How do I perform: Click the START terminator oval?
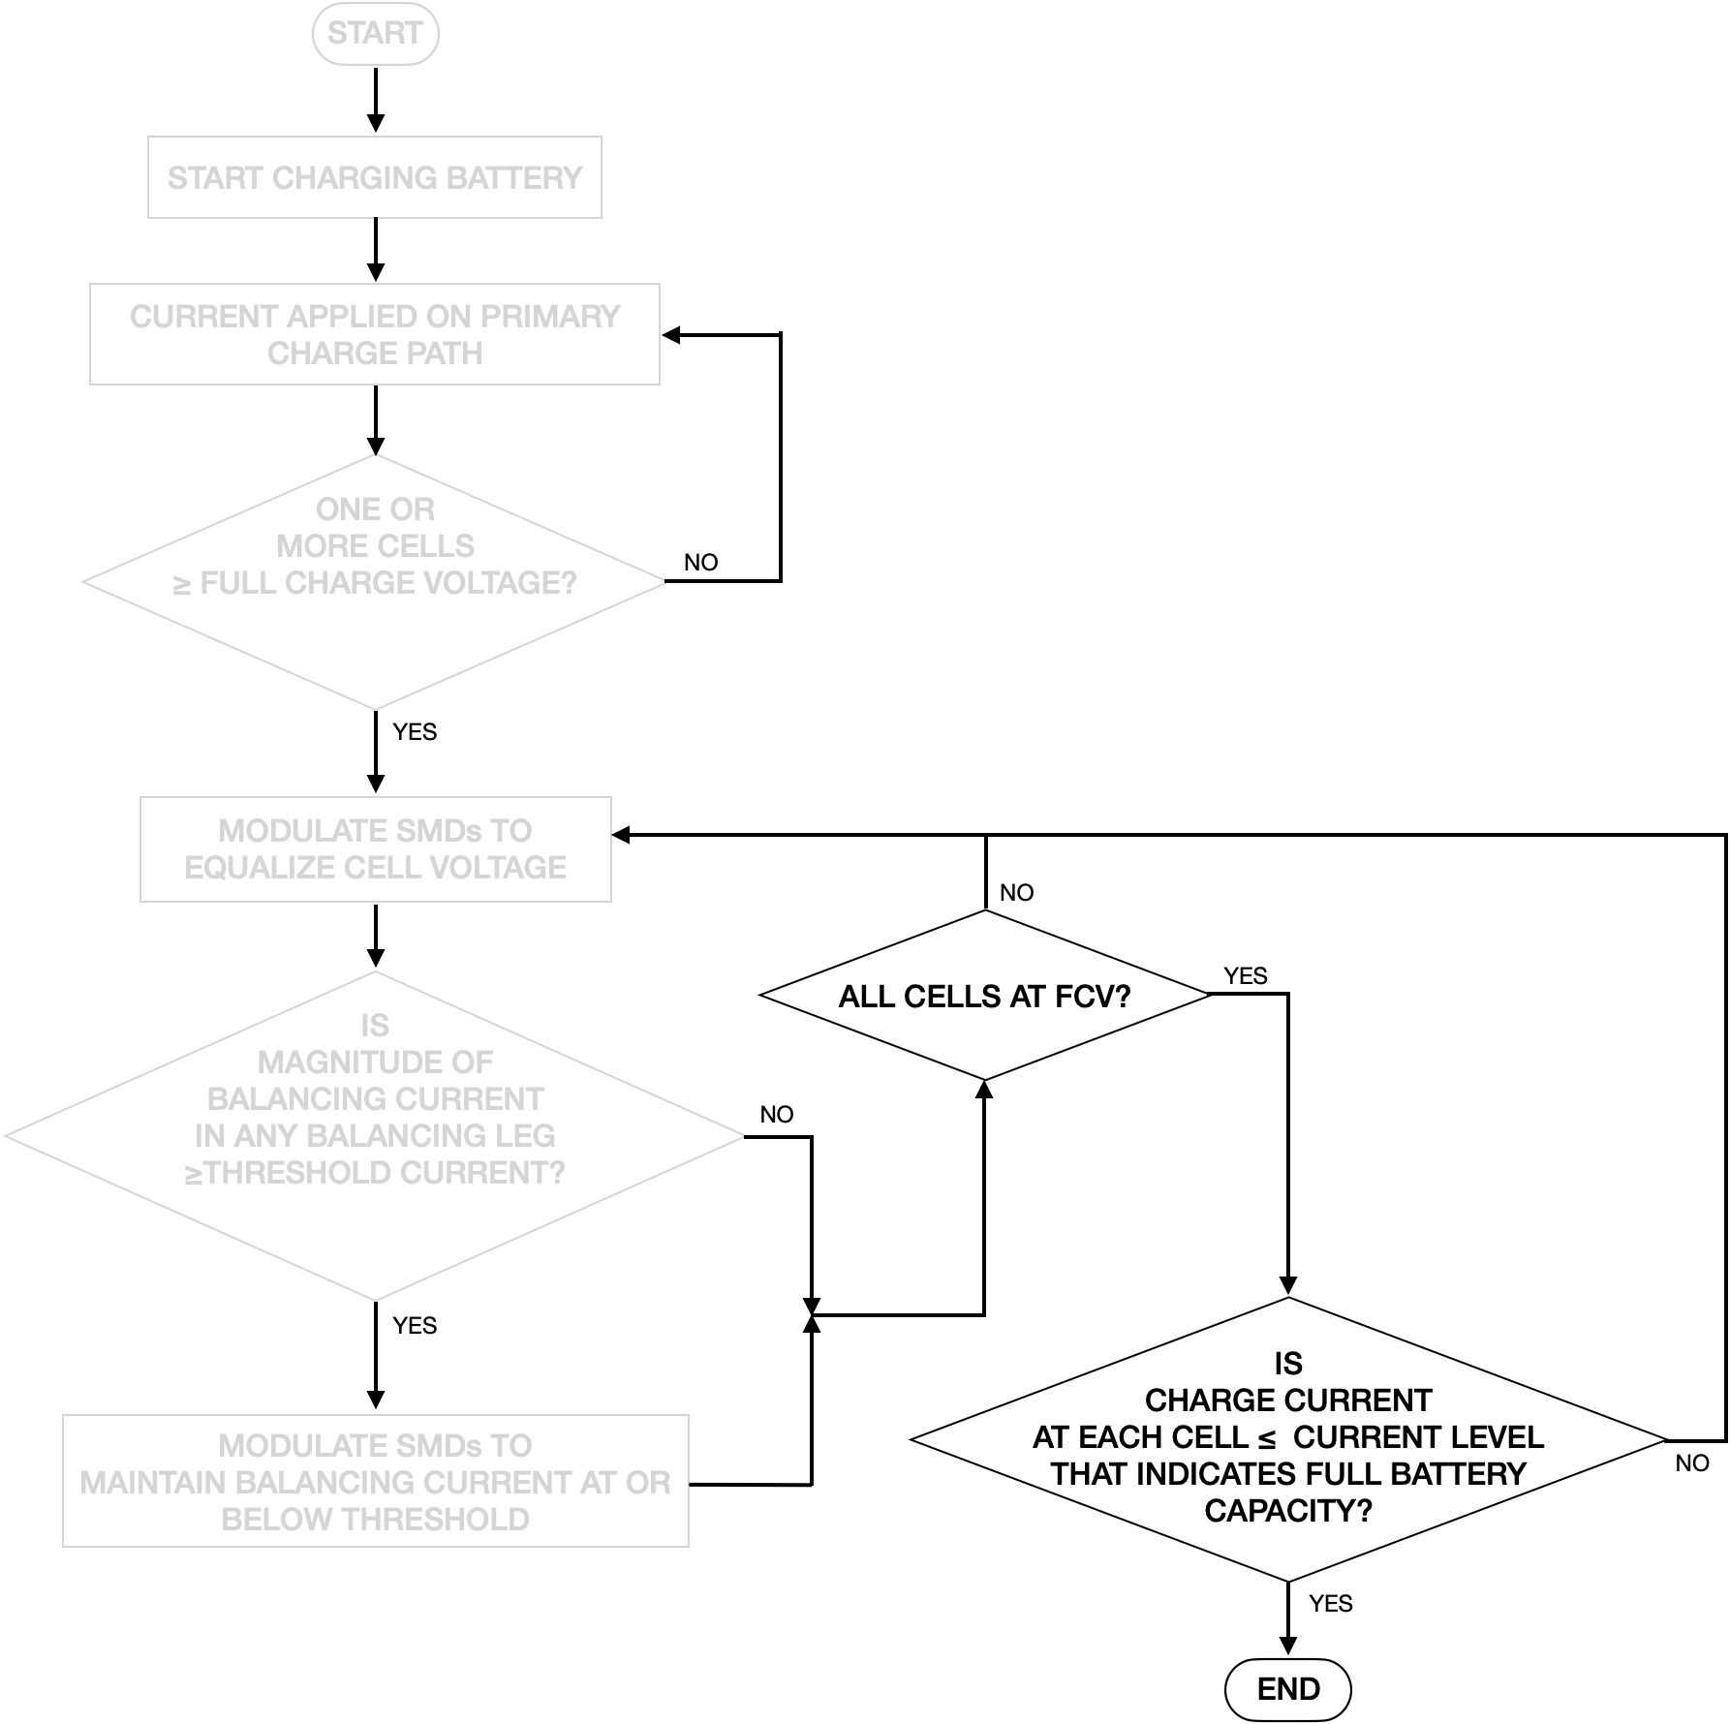click(375, 34)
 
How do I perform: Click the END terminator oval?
click(1287, 1688)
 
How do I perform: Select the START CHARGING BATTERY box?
click(375, 177)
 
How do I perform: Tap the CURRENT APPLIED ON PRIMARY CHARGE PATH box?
click(375, 334)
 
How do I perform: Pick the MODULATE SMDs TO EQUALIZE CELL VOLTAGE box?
click(375, 848)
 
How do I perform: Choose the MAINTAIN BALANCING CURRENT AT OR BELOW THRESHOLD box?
click(375, 1481)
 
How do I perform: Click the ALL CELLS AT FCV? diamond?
click(984, 996)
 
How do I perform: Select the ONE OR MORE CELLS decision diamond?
click(375, 581)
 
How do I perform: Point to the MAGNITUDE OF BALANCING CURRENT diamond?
click(375, 1135)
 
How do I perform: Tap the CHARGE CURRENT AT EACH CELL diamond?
click(1287, 1439)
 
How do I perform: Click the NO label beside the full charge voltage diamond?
click(700, 562)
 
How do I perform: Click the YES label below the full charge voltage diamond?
click(415, 731)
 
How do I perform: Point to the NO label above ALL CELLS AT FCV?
click(1016, 892)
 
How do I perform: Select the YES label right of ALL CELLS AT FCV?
click(1245, 975)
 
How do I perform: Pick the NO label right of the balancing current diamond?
click(776, 1114)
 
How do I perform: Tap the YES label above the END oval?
click(1330, 1603)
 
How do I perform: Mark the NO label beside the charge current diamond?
click(1691, 1462)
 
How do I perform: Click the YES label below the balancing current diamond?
click(415, 1325)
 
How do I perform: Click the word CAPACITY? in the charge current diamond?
click(1287, 1510)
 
